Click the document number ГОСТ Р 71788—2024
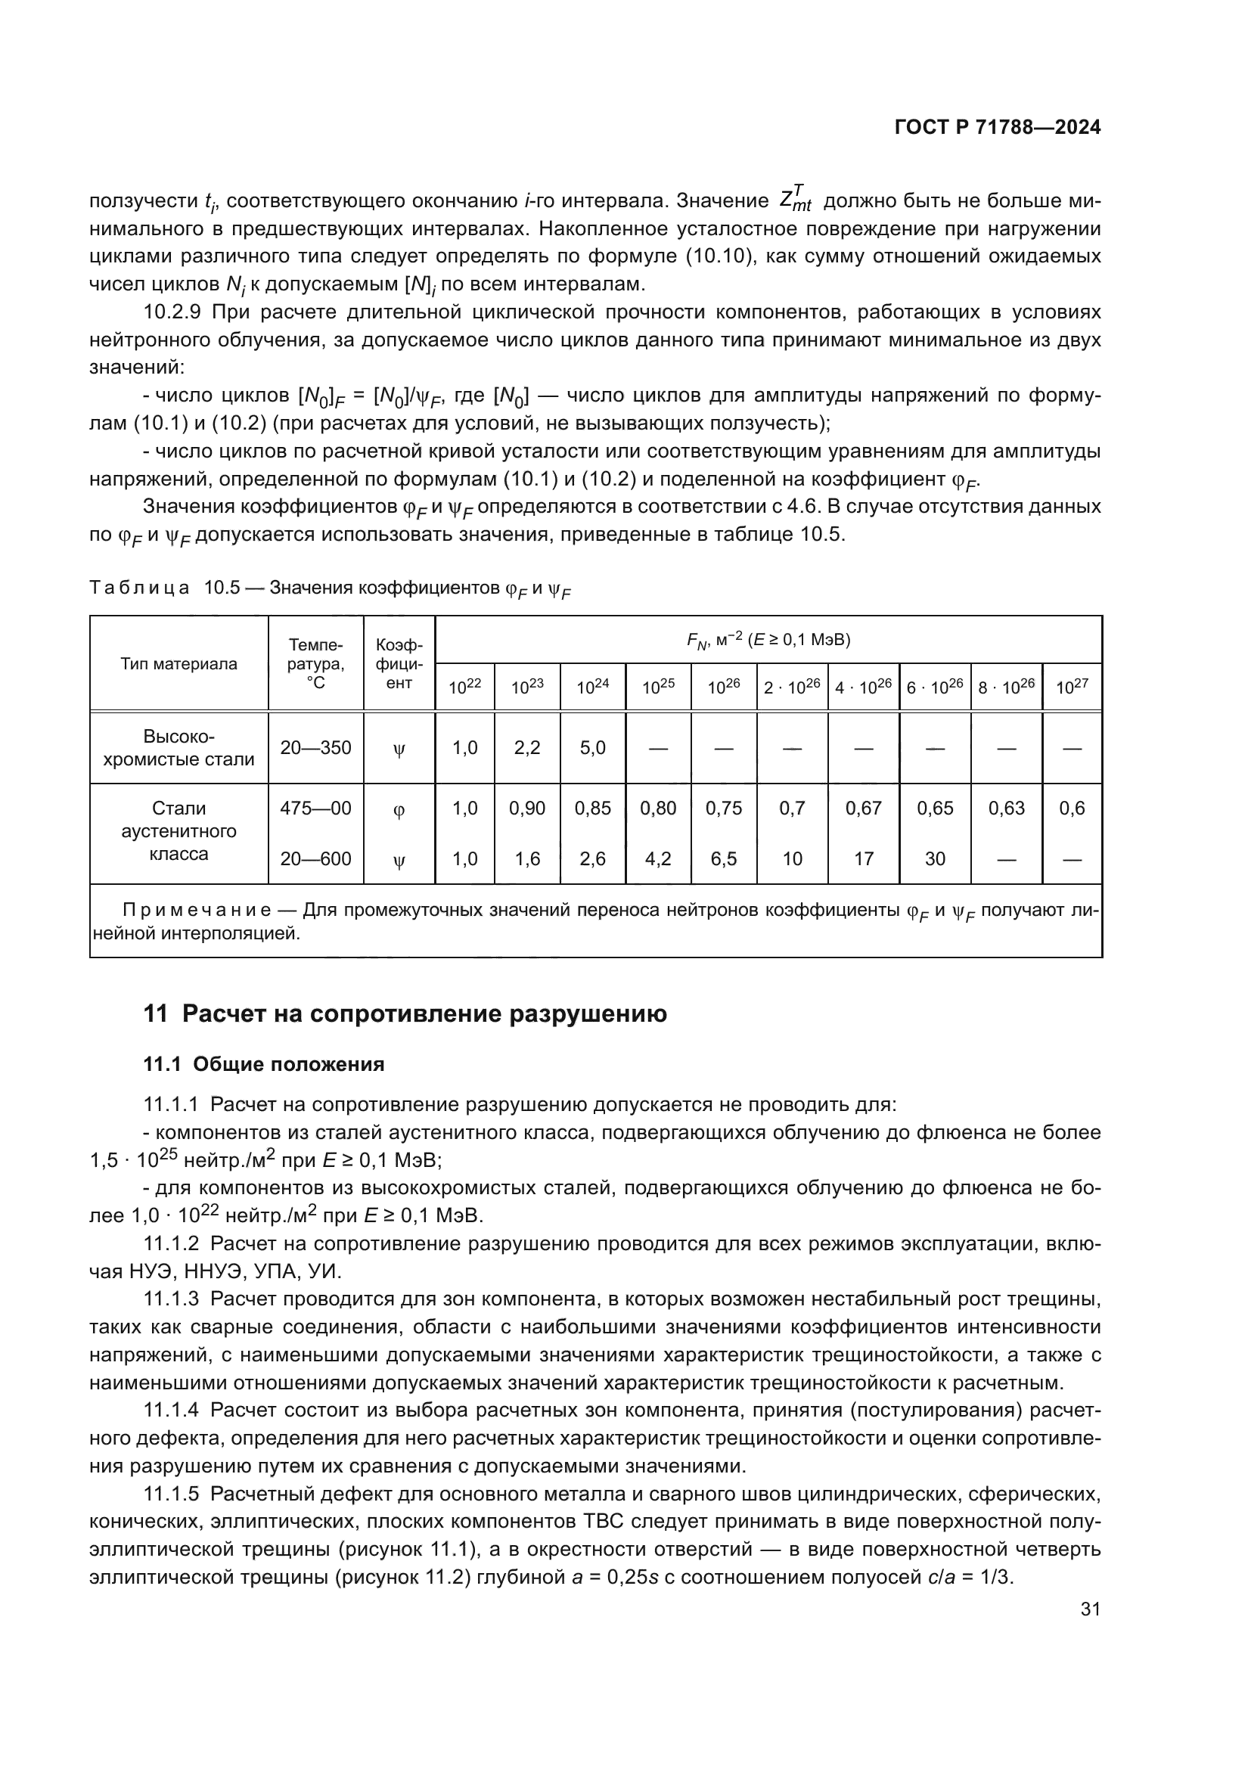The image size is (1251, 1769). pyautogui.click(x=998, y=128)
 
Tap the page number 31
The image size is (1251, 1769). pyautogui.click(x=1090, y=1609)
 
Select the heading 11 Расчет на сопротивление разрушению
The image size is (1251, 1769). pyautogui.click(x=405, y=1013)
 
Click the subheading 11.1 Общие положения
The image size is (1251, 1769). pyautogui.click(x=263, y=1064)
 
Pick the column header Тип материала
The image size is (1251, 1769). pyautogui.click(x=178, y=664)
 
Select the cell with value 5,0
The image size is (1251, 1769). pyautogui.click(x=592, y=747)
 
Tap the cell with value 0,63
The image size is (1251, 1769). pyautogui.click(x=1006, y=808)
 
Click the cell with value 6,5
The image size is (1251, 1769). pyautogui.click(x=723, y=858)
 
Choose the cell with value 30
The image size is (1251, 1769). pyautogui.click(x=934, y=858)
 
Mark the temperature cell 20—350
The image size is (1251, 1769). pyautogui.click(x=315, y=747)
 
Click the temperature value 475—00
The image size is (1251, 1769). pyautogui.click(x=315, y=808)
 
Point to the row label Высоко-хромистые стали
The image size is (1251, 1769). pyautogui.click(x=178, y=747)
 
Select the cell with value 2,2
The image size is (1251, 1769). pyautogui.click(x=527, y=747)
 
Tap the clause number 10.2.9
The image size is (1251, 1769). pyautogui.click(x=172, y=312)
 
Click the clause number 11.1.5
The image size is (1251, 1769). pyautogui.click(x=171, y=1494)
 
